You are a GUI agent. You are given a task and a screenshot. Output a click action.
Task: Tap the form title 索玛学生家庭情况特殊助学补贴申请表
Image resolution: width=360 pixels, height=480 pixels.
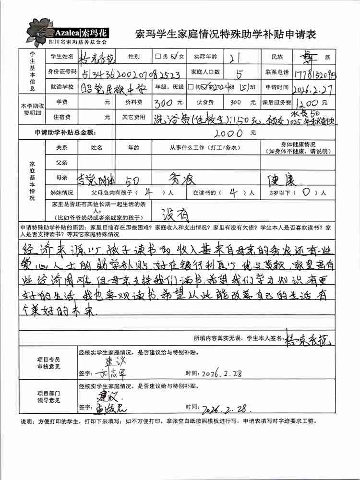pos(226,35)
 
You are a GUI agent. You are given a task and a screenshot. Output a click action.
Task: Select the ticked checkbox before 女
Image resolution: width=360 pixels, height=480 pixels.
pos(175,56)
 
